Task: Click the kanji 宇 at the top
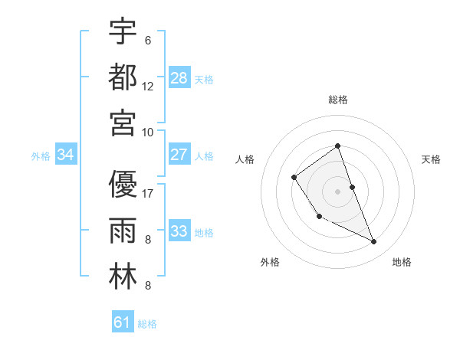coord(123,32)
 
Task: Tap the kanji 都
coord(123,77)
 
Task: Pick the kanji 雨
coord(123,231)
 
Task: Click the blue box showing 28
coord(179,78)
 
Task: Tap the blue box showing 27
coord(179,155)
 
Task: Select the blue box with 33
coord(179,231)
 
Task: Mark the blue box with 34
coord(66,155)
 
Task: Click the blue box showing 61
coord(123,322)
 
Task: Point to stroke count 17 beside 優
coord(149,193)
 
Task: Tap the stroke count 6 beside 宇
coord(147,40)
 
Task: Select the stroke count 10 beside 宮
coord(148,131)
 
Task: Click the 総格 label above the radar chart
coord(337,100)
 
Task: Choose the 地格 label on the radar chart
coord(402,262)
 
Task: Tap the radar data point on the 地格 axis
coord(374,241)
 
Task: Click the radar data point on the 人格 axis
coord(294,178)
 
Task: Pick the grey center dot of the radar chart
coord(337,191)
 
